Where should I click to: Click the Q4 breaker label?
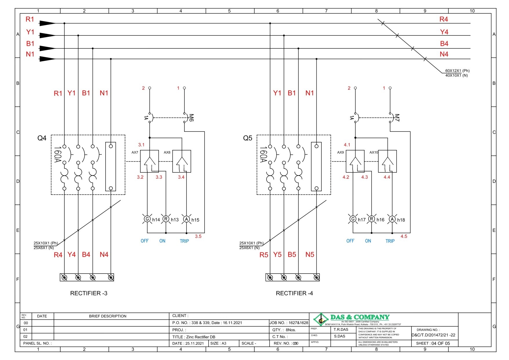click(42, 138)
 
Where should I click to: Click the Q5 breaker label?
click(247, 138)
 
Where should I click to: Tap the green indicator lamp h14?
click(147, 219)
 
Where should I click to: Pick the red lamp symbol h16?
click(372, 219)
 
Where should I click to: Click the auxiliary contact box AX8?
click(182, 161)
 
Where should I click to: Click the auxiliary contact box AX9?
click(355, 161)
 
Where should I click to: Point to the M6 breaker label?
click(191, 117)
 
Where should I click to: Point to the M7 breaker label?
click(397, 117)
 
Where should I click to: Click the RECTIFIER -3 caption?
click(89, 293)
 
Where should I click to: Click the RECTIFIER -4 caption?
click(294, 293)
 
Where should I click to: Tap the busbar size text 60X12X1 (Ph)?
click(457, 71)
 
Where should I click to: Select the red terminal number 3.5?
click(198, 236)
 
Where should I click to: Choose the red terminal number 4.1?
click(347, 145)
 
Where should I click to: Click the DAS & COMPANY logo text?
click(360, 317)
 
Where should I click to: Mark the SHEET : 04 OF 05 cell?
click(433, 343)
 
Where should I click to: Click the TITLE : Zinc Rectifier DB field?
click(194, 337)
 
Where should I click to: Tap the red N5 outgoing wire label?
click(310, 255)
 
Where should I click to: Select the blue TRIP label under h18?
click(390, 241)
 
